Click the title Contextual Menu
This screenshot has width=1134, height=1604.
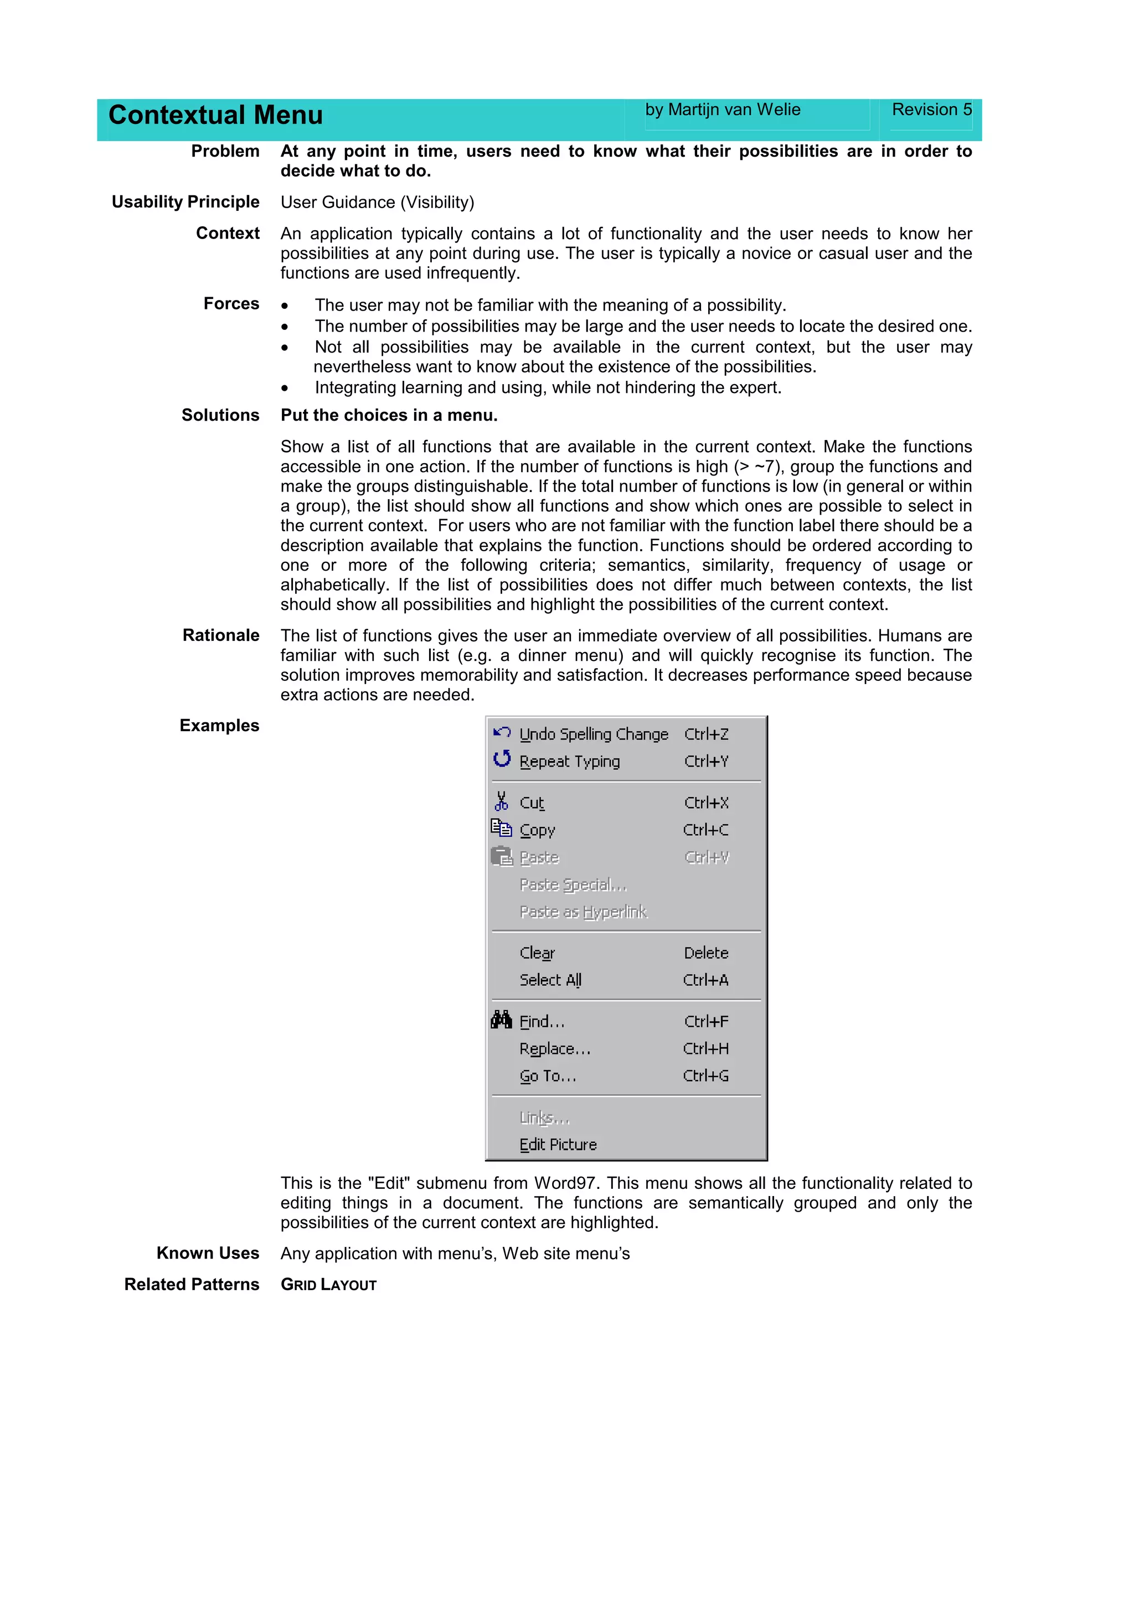tap(215, 115)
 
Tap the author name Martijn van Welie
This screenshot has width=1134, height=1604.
tap(723, 110)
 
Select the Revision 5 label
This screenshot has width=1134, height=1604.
tap(931, 110)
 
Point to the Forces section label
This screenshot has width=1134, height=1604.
tap(231, 304)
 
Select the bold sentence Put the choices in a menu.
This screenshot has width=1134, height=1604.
tap(389, 415)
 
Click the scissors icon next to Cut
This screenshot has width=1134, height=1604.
tap(502, 801)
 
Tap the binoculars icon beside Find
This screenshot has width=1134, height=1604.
tap(502, 1021)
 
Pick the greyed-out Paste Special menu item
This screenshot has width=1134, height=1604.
tap(573, 885)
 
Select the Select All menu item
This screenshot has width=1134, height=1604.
tap(550, 980)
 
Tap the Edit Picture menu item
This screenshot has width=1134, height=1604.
tap(558, 1144)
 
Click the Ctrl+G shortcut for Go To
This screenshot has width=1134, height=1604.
tap(705, 1076)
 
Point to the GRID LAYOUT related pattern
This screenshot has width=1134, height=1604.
tap(328, 1285)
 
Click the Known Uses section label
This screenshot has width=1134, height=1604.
tap(208, 1253)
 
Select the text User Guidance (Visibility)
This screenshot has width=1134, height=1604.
tap(377, 203)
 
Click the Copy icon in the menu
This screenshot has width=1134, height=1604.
tap(502, 829)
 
